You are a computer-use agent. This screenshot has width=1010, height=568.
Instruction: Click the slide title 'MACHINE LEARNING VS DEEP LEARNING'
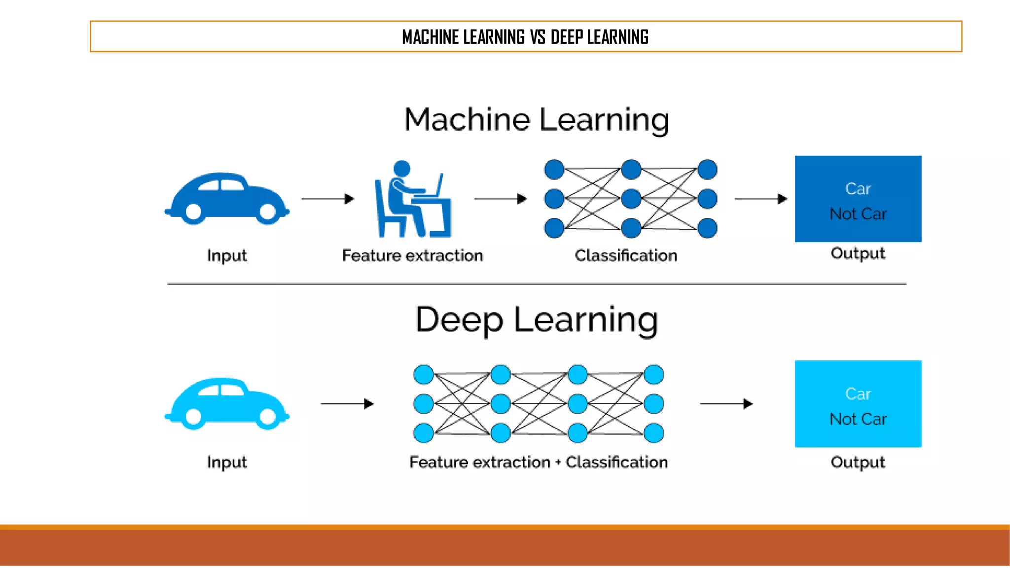tap(525, 37)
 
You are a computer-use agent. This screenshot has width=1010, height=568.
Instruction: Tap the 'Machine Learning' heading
tap(537, 120)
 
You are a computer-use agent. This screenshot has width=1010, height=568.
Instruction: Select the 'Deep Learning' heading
tap(537, 320)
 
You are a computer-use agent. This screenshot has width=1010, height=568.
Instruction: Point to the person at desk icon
tap(412, 199)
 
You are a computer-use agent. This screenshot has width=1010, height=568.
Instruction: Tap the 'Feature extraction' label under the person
tap(412, 255)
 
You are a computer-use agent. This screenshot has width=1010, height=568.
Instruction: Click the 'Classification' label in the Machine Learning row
tap(626, 255)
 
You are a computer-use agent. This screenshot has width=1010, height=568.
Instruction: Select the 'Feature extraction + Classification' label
tap(539, 462)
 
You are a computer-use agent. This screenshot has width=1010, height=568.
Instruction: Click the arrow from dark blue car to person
tap(328, 199)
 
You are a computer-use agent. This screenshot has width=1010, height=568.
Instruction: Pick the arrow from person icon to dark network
tap(501, 199)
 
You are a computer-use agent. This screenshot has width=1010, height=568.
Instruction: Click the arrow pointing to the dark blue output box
tap(761, 199)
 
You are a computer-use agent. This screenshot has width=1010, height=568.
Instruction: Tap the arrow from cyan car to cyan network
tap(347, 404)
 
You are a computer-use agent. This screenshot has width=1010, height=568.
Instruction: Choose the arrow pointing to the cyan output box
tap(726, 404)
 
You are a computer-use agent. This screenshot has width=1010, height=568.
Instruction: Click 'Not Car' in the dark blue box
tap(858, 214)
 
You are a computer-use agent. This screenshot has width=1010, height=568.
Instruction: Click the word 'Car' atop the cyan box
tap(858, 393)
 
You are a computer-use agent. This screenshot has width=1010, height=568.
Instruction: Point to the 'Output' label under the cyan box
tap(858, 462)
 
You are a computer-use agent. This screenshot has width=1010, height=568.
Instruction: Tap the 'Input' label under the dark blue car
tap(227, 255)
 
